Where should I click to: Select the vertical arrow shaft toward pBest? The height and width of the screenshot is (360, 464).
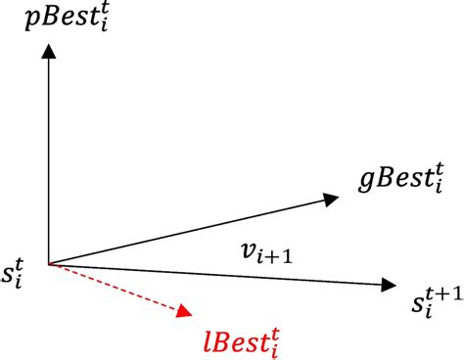[47, 157]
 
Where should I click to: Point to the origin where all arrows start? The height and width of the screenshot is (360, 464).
[47, 263]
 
